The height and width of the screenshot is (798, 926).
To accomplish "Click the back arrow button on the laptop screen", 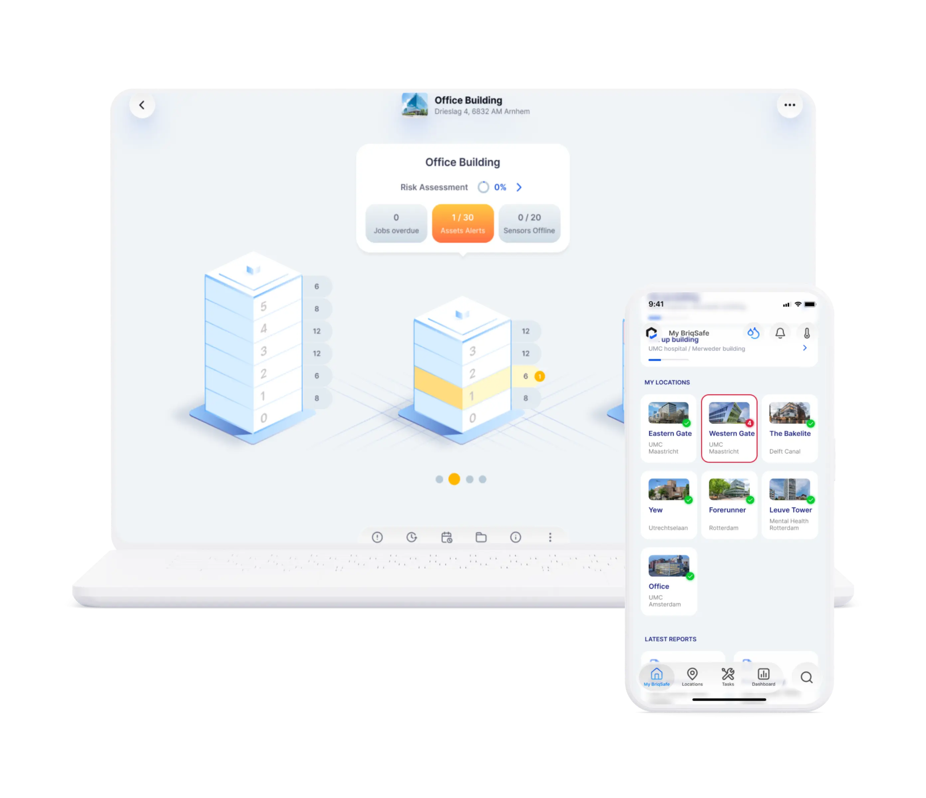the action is [x=142, y=105].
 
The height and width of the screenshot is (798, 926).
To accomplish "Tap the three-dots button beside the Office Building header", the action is [x=789, y=105].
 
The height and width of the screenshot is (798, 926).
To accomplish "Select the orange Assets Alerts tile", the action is [x=463, y=223].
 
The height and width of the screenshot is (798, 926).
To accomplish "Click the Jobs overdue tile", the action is [x=396, y=223].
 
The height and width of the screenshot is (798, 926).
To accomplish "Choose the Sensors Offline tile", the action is [x=529, y=223].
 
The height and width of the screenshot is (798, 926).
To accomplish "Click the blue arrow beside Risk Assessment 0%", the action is [x=519, y=187].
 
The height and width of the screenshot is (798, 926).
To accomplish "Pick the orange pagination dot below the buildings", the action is [x=454, y=479].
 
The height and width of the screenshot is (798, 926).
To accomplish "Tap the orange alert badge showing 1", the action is [x=540, y=376].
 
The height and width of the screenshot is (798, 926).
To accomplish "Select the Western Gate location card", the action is [x=729, y=428].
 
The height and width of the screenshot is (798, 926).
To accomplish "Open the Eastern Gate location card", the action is [x=669, y=428].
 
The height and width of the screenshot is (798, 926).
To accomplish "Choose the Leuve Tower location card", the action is [x=790, y=505].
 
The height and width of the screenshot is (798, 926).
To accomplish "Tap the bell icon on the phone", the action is [x=780, y=333].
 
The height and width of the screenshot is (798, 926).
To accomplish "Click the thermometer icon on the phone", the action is [x=807, y=333].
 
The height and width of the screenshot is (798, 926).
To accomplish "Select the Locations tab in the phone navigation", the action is [x=692, y=676].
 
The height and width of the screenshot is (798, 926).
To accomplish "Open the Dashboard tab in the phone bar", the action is [x=763, y=676].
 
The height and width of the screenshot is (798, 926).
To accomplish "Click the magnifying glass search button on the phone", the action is [x=806, y=677].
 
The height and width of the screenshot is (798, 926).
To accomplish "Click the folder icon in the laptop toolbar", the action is [x=481, y=537].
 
